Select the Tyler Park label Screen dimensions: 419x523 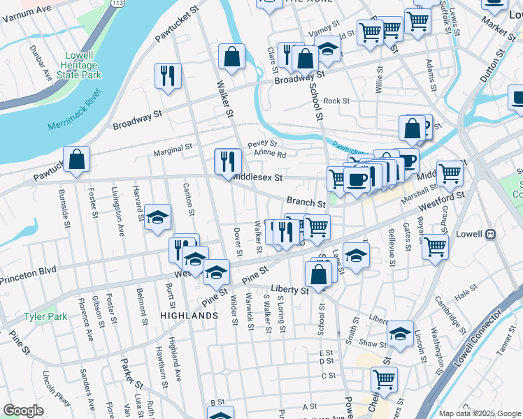(45, 316)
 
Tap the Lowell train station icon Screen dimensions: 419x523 (491, 234)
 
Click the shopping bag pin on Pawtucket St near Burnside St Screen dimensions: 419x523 (77, 159)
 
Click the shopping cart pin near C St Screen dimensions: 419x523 (384, 379)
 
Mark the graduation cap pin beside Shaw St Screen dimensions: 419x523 (400, 334)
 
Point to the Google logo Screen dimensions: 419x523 (23, 411)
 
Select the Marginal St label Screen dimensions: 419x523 (173, 148)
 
